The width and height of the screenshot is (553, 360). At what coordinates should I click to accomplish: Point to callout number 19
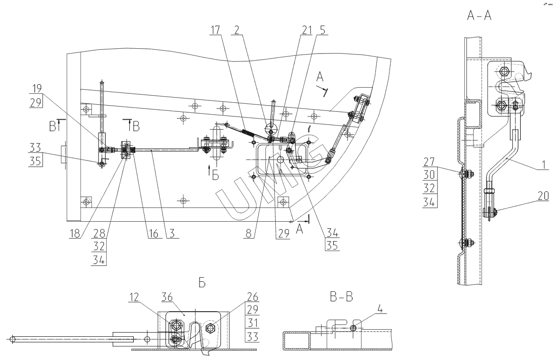[x=36, y=89]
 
